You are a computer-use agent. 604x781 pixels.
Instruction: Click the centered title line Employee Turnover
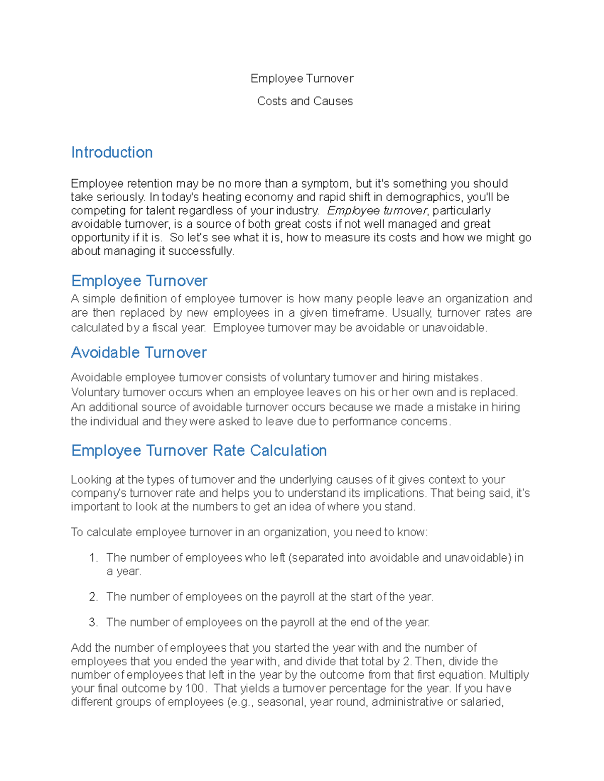302,78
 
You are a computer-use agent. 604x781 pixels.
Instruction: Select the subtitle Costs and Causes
305,101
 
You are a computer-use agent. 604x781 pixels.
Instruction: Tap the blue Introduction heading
112,152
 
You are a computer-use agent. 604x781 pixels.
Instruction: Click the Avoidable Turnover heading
138,353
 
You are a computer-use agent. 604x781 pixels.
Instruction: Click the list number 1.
93,558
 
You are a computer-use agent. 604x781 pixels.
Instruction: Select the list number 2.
93,597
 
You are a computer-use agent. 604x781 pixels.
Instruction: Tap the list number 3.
93,623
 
